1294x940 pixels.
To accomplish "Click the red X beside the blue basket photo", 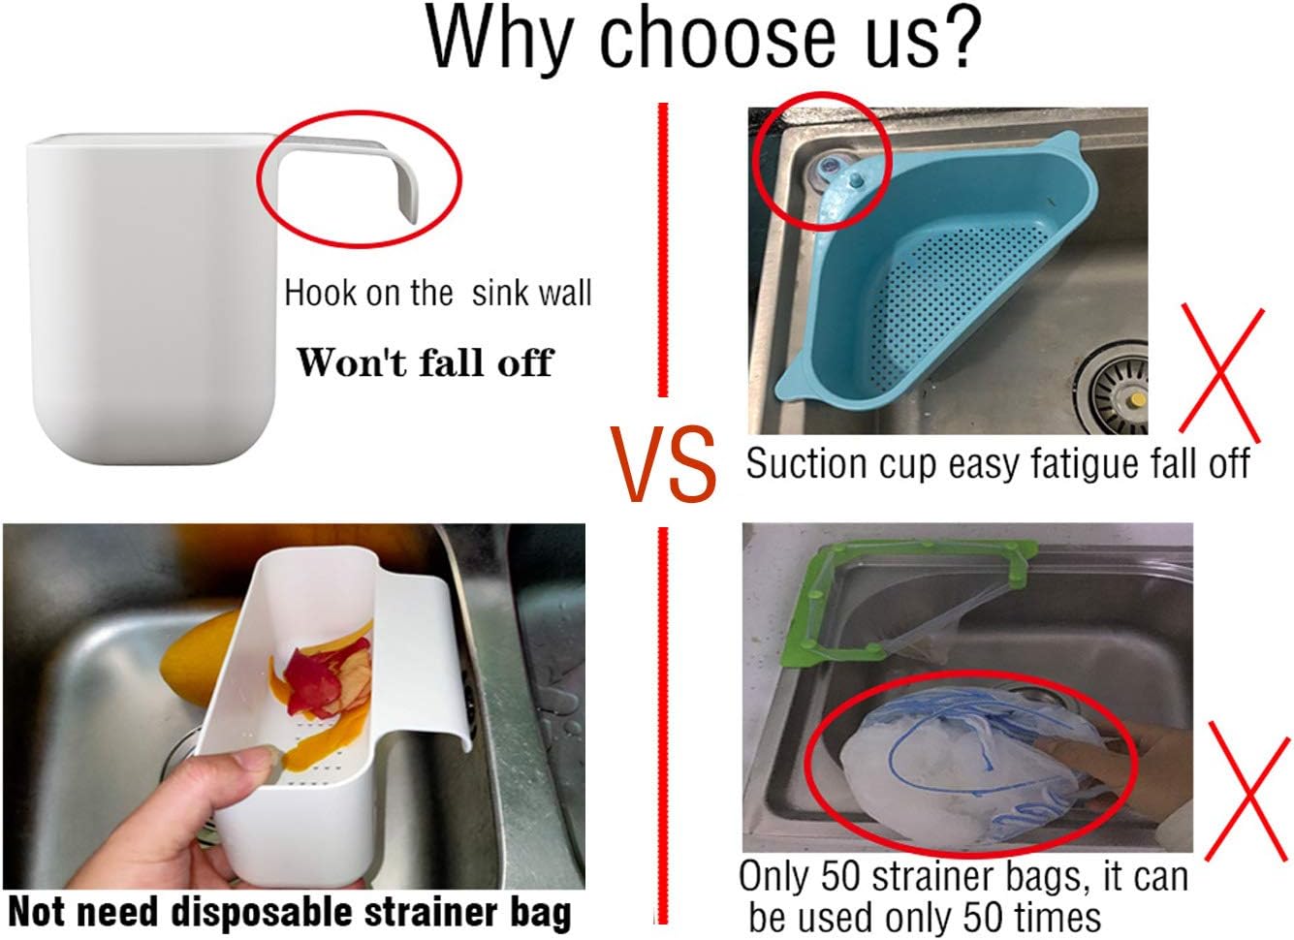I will (x=1221, y=369).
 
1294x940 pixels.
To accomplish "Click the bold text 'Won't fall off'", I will (x=424, y=362).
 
